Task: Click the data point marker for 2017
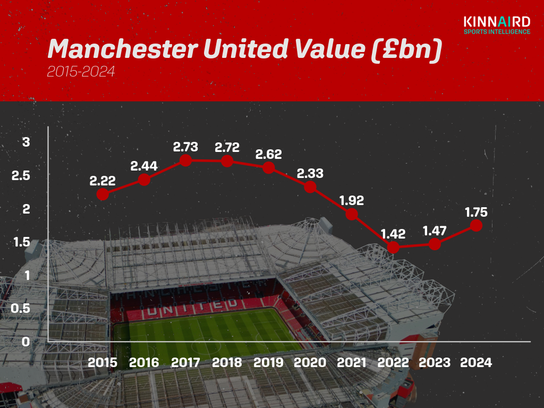click(185, 160)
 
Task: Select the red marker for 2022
click(393, 248)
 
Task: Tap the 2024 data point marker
click(476, 225)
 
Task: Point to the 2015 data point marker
click(103, 194)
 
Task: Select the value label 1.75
click(476, 212)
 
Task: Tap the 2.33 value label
click(310, 174)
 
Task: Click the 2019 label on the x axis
click(268, 363)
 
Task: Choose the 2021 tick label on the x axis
click(352, 363)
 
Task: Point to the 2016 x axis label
click(144, 363)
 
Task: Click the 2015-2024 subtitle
click(80, 72)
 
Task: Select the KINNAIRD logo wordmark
click(497, 22)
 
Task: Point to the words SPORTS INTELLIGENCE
click(497, 32)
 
